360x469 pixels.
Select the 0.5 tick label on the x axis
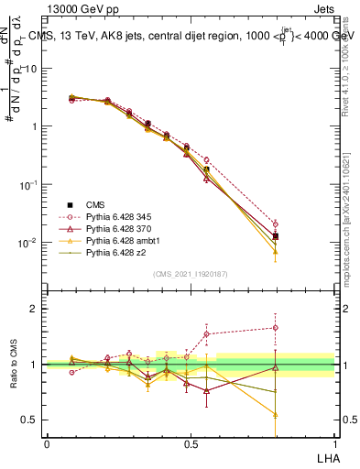click(191, 443)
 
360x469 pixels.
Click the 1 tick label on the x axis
click(334, 443)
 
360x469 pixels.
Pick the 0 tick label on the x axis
click(47, 443)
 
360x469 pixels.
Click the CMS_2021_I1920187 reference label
click(190, 274)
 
